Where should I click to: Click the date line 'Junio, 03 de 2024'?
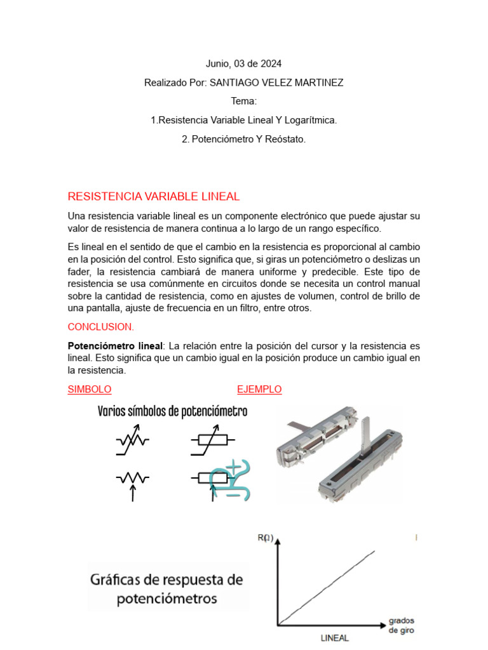[243, 64]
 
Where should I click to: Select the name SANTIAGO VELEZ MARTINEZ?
[276, 83]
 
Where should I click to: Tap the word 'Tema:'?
[243, 102]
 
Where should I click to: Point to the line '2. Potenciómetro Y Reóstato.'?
[243, 139]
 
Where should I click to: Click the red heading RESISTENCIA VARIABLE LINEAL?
[153, 197]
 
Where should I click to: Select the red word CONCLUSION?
[101, 327]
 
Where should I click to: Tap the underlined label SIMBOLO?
[90, 389]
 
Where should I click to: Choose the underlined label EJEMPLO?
[259, 389]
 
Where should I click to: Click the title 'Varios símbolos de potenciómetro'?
[172, 411]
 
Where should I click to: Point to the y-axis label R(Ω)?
[265, 538]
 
